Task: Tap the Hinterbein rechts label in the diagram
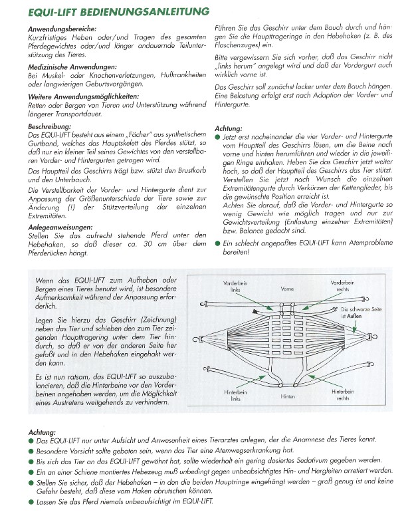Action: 341,396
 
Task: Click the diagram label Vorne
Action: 288,289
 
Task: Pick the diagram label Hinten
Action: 288,396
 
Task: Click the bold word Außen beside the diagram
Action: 358,317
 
